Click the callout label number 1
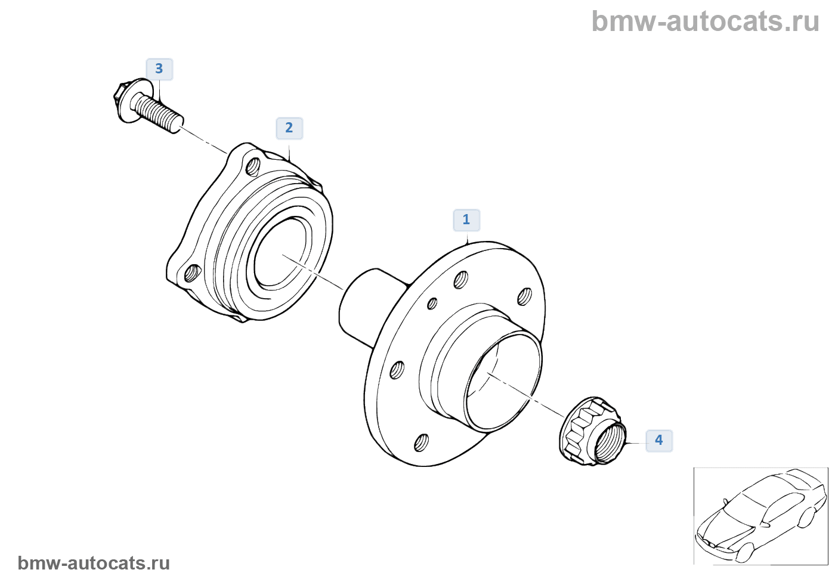(466, 220)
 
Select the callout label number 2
(289, 128)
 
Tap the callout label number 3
(159, 69)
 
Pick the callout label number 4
(659, 440)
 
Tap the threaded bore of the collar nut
(610, 443)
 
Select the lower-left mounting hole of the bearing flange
(191, 274)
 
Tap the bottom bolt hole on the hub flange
(421, 442)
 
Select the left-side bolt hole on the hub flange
(397, 371)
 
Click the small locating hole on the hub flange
(432, 304)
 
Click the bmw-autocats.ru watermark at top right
(706, 21)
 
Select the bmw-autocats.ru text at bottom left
(94, 564)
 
